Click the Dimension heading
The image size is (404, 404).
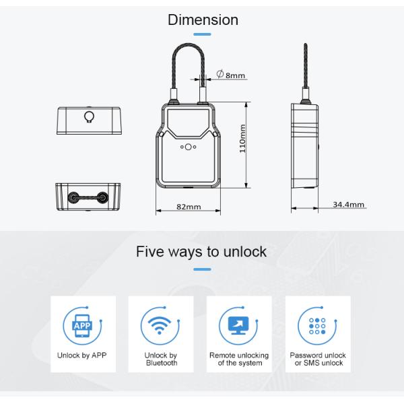(x=203, y=20)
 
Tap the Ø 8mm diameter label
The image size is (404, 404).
(x=230, y=75)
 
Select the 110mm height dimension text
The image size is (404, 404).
(x=242, y=139)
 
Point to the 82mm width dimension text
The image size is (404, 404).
(x=189, y=207)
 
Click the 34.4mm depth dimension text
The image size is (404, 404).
(x=348, y=205)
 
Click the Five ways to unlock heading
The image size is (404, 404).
(x=201, y=252)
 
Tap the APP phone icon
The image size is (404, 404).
(x=82, y=326)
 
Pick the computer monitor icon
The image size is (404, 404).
(x=238, y=326)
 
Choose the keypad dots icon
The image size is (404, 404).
(x=317, y=326)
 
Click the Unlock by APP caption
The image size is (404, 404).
(x=82, y=356)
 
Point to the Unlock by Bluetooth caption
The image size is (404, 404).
(x=161, y=359)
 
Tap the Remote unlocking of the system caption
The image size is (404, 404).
(x=239, y=359)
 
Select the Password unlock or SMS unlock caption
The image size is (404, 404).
(x=318, y=359)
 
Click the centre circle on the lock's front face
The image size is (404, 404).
(x=188, y=147)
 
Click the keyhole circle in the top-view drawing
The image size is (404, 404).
(x=89, y=116)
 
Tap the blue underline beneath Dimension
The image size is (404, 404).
(x=202, y=34)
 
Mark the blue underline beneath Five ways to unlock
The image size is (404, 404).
(x=202, y=269)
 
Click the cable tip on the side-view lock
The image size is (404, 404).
(x=305, y=44)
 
